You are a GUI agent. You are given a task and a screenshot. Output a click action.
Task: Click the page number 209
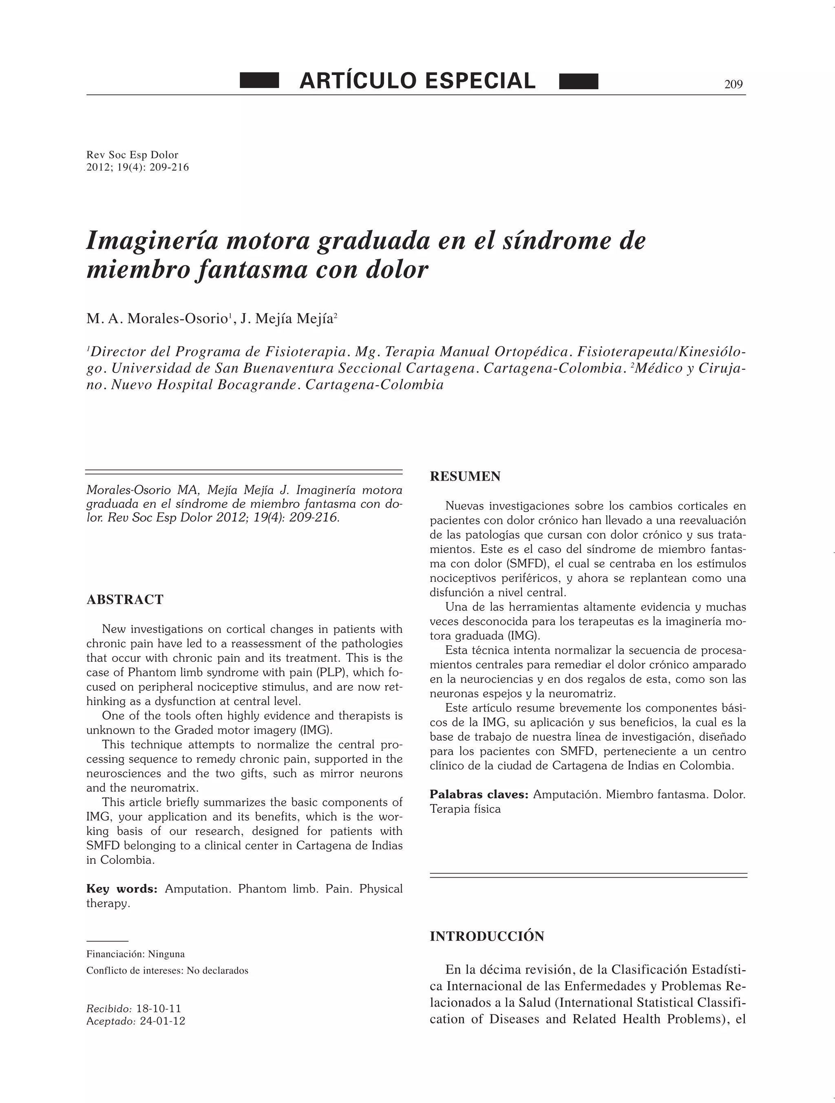click(x=733, y=84)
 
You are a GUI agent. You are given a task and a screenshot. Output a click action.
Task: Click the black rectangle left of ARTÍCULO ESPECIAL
click(x=259, y=81)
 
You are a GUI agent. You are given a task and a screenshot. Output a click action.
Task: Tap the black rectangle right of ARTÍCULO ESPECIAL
click(x=579, y=81)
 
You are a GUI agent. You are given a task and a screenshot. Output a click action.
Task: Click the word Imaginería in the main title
click(x=152, y=241)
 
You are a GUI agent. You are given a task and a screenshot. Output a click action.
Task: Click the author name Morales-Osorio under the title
click(x=178, y=319)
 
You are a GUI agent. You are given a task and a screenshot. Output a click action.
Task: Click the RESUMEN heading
click(x=465, y=477)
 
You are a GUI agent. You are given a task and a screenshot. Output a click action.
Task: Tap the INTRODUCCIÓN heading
click(x=487, y=936)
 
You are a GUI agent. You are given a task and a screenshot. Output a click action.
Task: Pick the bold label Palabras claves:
click(x=479, y=794)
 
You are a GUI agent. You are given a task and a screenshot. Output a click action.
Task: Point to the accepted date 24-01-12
click(x=162, y=1021)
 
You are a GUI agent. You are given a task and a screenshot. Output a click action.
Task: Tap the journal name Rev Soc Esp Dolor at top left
click(x=132, y=154)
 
